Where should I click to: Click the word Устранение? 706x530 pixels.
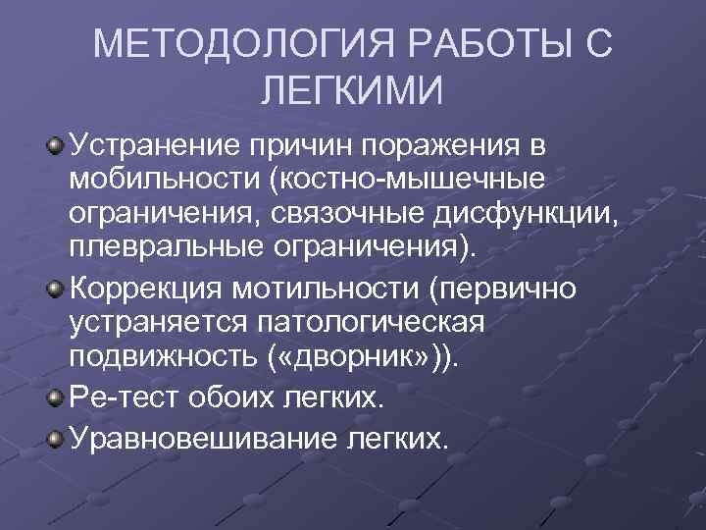159,147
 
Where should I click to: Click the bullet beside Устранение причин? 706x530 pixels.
57,146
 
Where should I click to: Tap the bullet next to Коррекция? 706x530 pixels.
57,291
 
